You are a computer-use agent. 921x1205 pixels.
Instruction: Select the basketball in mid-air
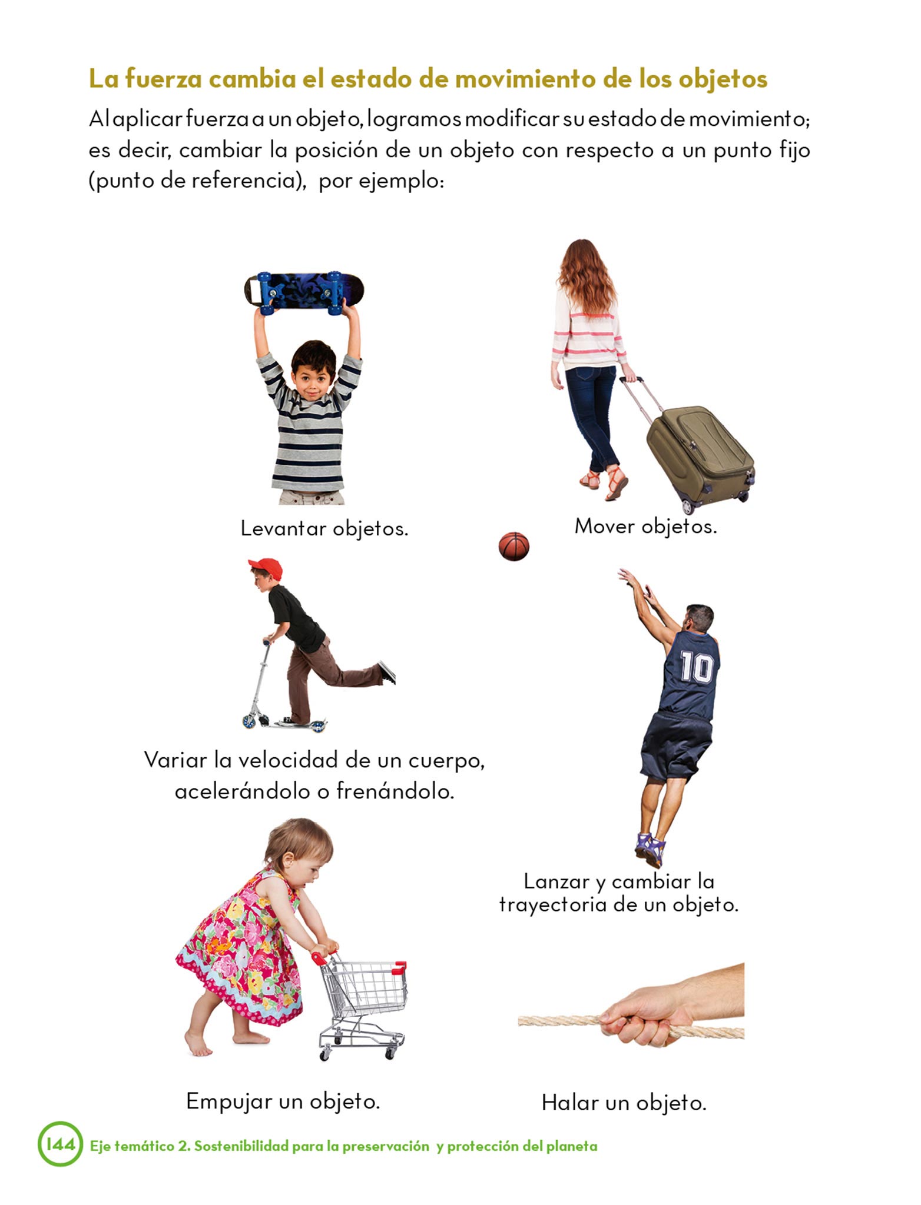coord(513,546)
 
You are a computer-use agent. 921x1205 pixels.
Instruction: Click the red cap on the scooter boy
coord(266,568)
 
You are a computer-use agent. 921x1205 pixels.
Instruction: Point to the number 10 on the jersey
coord(697,667)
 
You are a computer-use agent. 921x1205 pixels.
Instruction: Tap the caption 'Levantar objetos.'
coord(324,528)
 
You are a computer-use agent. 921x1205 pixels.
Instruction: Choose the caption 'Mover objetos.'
coord(646,526)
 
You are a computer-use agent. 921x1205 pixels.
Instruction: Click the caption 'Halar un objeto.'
coord(624,1102)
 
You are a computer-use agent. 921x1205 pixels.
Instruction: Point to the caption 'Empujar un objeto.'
coord(283,1101)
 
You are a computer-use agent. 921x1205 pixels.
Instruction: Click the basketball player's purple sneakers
coord(650,849)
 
